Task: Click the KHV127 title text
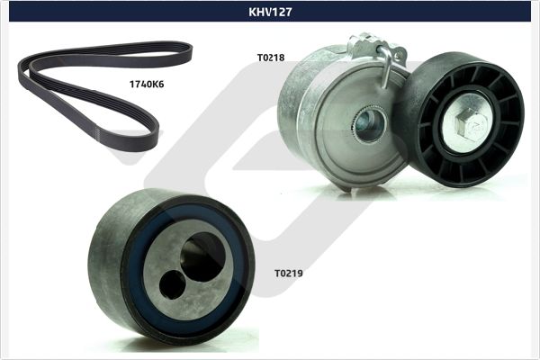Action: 270,12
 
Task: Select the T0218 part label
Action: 270,58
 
